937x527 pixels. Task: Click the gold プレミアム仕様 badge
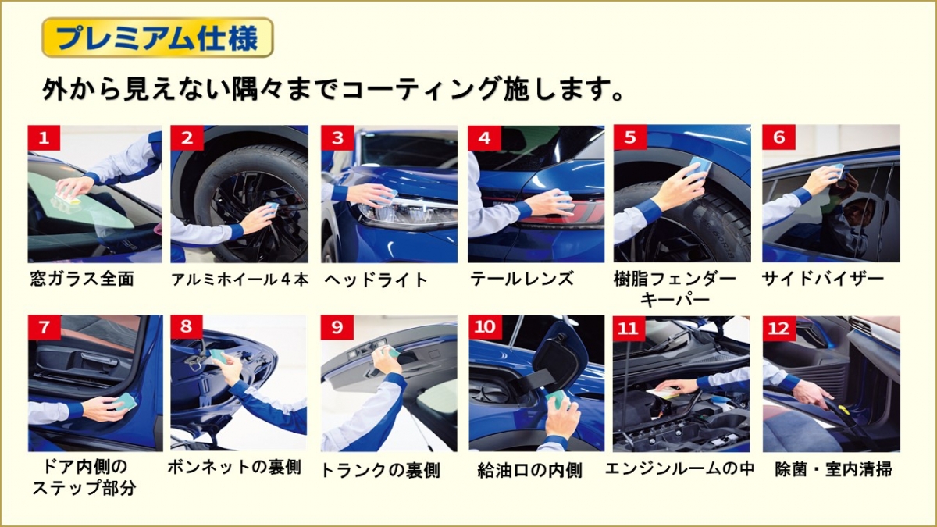coord(158,37)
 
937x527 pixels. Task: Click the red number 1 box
coord(44,137)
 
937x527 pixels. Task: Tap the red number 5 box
coord(630,137)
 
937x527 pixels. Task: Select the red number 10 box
coord(485,327)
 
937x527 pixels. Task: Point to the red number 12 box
coord(779,327)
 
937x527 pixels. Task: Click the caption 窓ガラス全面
coord(82,279)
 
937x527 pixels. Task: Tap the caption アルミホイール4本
coord(240,280)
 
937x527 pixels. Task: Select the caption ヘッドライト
coord(376,280)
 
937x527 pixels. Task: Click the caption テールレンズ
coord(522,279)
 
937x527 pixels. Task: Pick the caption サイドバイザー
coord(823,279)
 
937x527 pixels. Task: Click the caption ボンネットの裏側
coord(234,467)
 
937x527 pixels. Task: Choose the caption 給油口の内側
coord(530,471)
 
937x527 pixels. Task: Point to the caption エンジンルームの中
coord(680,468)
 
